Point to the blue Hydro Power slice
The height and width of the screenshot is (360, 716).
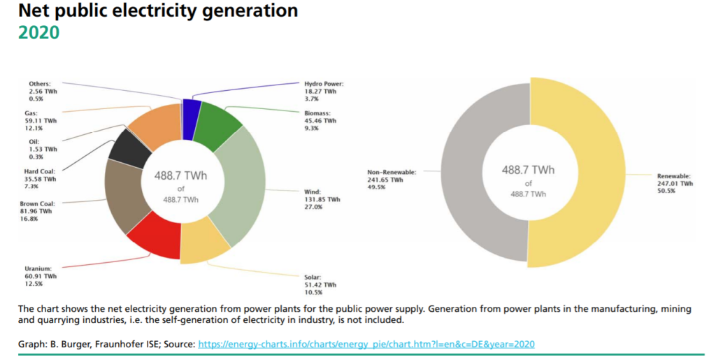click(x=192, y=111)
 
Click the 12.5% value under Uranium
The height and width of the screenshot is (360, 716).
click(x=33, y=283)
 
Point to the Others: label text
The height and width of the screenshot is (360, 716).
click(x=41, y=84)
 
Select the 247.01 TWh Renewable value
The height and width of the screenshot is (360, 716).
click(x=675, y=184)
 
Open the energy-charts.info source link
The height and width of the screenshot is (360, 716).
click(x=367, y=345)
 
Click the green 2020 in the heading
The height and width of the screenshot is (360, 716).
click(x=38, y=32)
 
